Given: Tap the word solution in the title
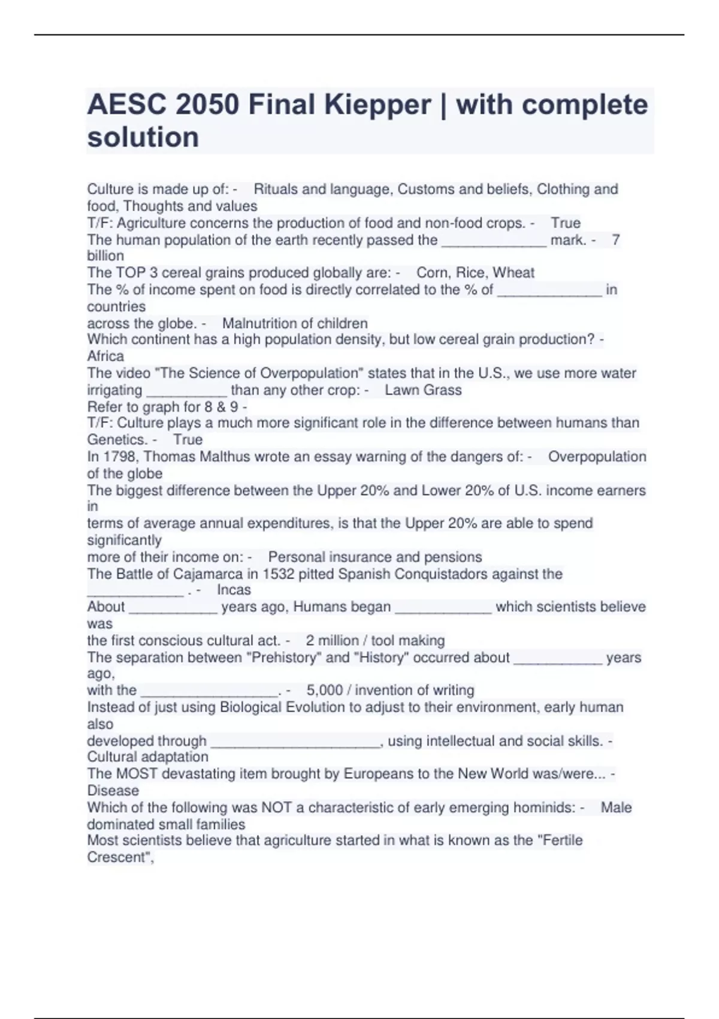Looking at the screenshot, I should [x=143, y=137].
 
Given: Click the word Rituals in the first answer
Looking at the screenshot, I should [x=276, y=189].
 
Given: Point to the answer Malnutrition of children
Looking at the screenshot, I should [x=295, y=324].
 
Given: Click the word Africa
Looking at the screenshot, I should [x=105, y=356].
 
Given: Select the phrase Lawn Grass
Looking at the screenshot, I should [x=423, y=390].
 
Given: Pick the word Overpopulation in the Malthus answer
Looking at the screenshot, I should [x=597, y=457].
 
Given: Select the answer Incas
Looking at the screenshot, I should [x=234, y=590].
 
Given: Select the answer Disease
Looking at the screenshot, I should [x=113, y=791].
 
